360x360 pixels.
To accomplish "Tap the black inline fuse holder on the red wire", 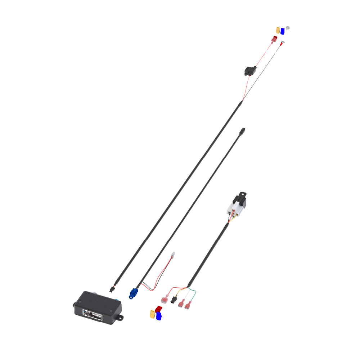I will click(x=249, y=71).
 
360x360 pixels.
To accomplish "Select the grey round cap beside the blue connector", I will click(x=288, y=28).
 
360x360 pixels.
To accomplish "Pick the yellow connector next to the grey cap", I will click(x=278, y=30).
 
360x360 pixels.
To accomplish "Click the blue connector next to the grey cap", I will click(x=283, y=31).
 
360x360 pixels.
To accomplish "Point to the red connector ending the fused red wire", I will click(x=274, y=39).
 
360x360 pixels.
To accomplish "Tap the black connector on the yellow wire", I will click(x=174, y=300).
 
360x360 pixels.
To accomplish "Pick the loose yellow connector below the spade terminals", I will click(x=152, y=314).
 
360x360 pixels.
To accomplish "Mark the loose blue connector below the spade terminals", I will click(x=158, y=315).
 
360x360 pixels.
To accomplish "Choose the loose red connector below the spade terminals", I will click(x=158, y=309).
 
